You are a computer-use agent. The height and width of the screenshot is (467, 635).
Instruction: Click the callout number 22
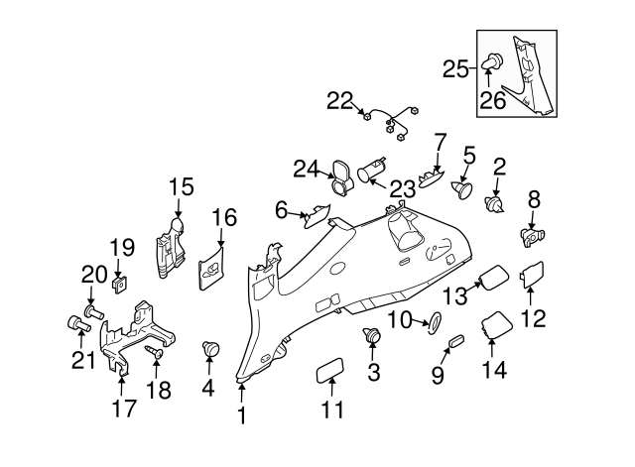point(339,101)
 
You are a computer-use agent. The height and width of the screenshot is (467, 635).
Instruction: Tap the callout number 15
point(181,187)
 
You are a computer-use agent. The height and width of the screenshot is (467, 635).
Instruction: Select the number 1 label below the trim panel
point(242,415)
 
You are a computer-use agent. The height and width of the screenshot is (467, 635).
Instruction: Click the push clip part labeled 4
point(210,349)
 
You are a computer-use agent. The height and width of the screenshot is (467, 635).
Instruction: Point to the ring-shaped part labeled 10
point(435,323)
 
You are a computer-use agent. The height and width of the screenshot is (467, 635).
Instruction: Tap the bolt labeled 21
point(78,323)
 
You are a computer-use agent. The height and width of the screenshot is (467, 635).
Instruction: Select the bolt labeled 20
point(95,312)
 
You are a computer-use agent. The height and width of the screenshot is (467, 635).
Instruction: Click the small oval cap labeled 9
point(456,341)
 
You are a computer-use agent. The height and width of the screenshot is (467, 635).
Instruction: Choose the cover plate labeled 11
point(328,370)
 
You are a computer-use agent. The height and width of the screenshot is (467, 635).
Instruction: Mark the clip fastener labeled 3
point(372,335)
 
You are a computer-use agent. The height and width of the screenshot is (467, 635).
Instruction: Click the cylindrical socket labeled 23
point(372,172)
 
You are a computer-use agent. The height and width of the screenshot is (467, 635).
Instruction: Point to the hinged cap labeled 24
point(341,176)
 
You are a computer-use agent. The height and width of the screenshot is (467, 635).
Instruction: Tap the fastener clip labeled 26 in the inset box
point(492,61)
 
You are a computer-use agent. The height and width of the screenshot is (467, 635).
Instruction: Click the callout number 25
point(455,69)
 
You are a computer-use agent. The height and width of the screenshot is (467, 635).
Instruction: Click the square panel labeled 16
point(211,268)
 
